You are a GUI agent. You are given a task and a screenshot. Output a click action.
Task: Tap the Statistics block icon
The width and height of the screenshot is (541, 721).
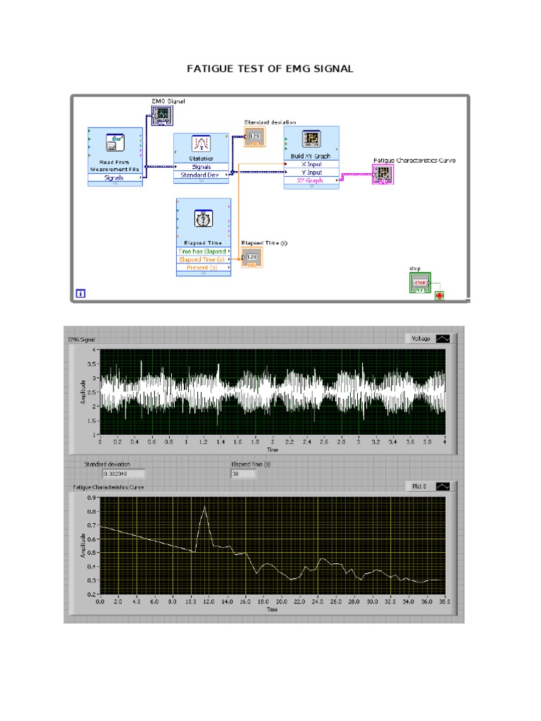coord(201,144)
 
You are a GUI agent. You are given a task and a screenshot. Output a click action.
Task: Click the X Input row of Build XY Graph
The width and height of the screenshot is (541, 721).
coord(311,163)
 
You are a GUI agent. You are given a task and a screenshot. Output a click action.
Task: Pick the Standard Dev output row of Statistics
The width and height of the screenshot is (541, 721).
coord(201,175)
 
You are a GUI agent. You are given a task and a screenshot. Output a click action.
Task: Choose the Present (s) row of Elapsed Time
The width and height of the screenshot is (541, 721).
coord(203,268)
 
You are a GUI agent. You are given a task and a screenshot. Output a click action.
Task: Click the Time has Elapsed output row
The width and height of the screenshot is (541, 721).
coord(203,251)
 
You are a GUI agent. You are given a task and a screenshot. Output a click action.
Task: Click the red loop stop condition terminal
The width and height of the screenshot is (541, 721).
coord(440,295)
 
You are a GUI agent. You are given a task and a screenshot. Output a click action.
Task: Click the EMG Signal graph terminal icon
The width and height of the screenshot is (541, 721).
coord(162,115)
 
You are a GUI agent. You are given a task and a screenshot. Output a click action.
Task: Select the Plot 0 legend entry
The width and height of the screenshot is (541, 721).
coord(430,486)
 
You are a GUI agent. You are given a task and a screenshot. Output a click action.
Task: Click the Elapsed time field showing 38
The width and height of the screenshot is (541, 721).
coord(243,474)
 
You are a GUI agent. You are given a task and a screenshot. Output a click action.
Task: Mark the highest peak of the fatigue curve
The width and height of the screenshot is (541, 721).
coord(205,506)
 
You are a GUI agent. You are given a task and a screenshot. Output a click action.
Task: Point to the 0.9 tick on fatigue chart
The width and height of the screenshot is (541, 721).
coord(92,497)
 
